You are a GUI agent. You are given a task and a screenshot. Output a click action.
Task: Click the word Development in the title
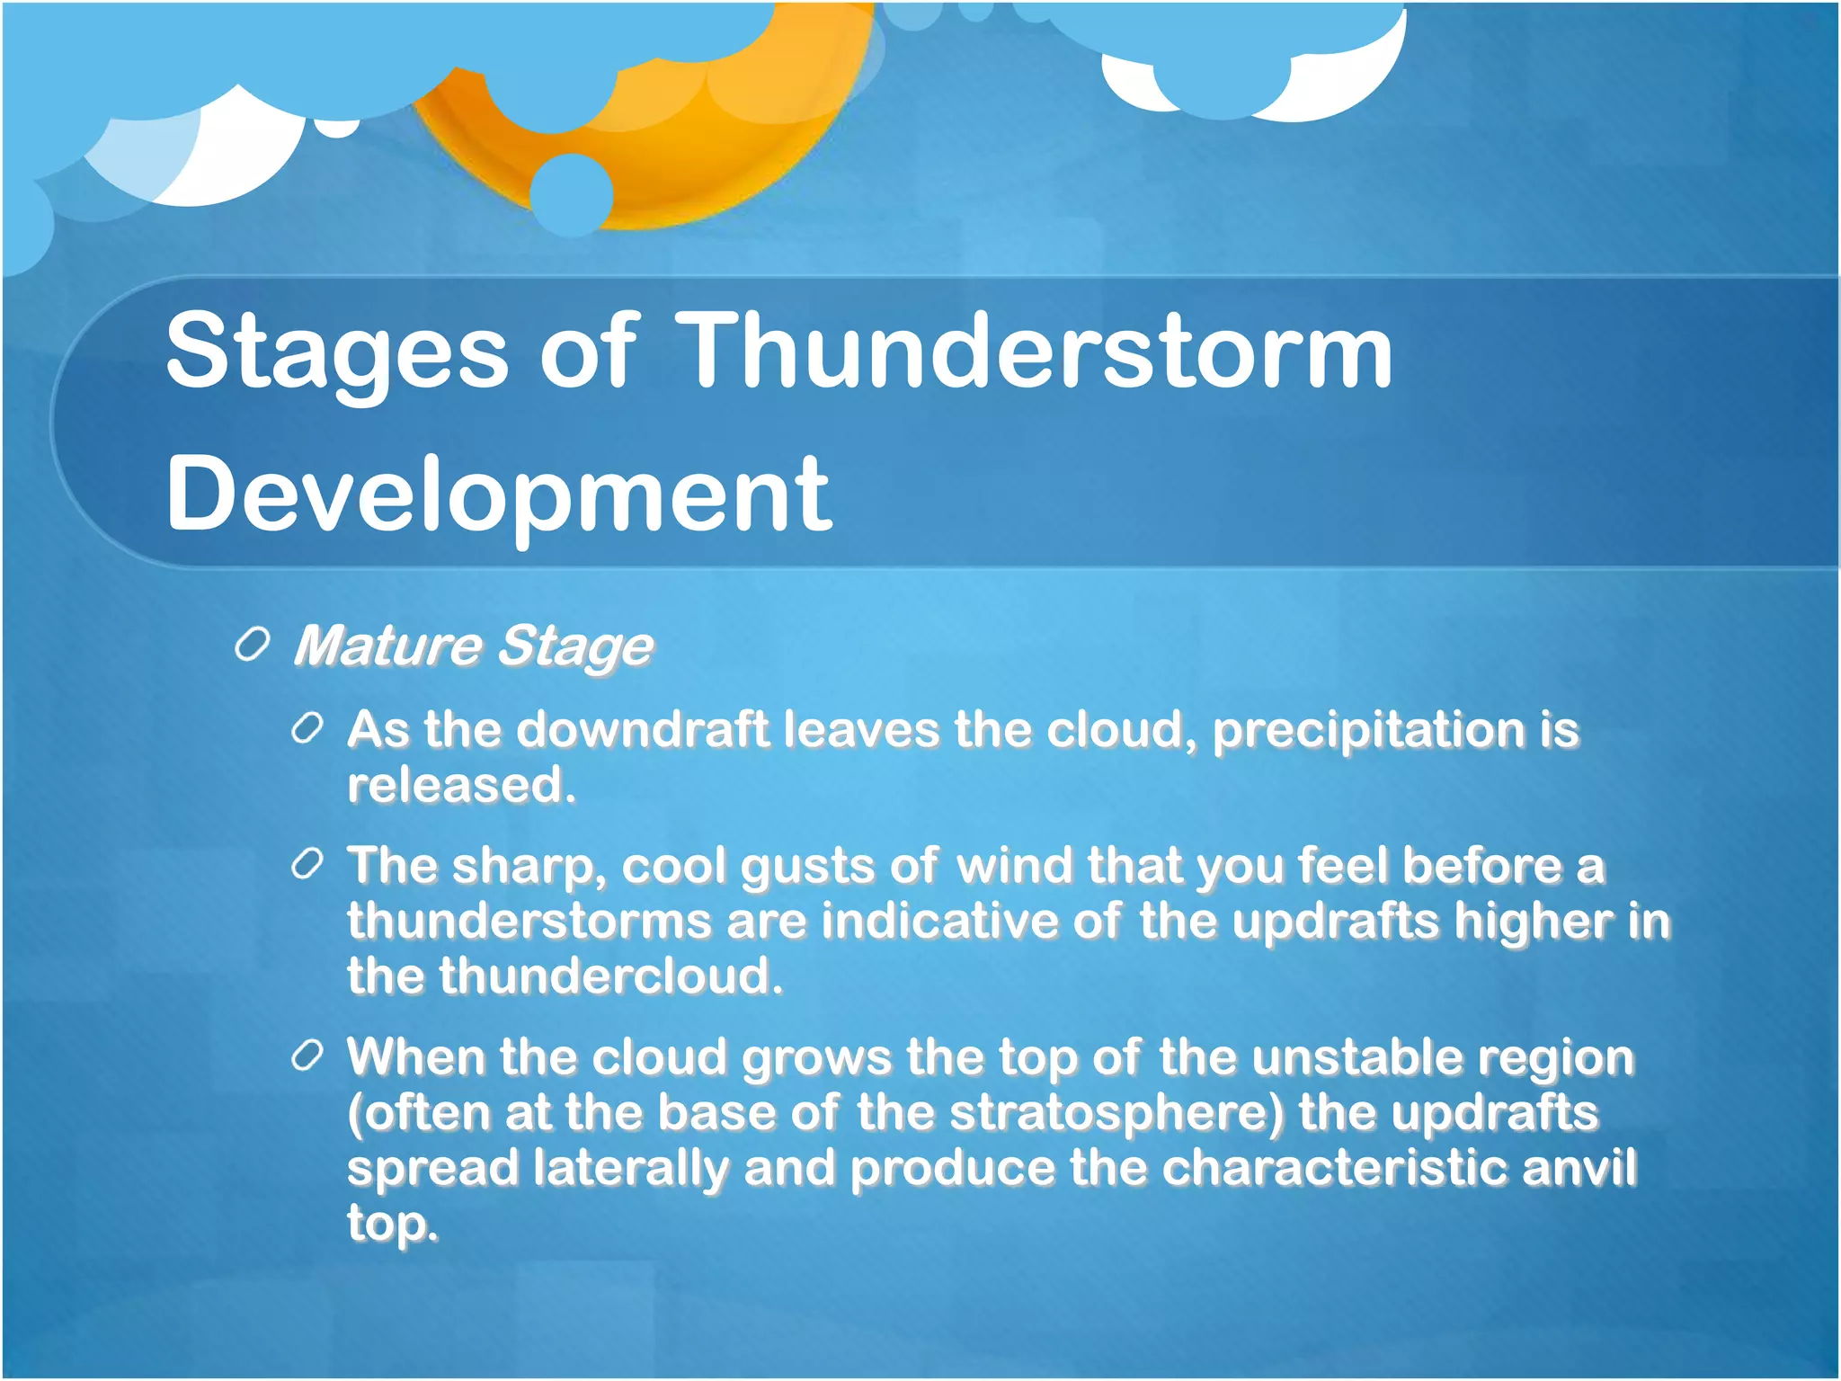[499, 494]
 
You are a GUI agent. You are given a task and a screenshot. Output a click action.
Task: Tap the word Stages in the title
[337, 352]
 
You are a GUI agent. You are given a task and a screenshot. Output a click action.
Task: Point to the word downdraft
[643, 729]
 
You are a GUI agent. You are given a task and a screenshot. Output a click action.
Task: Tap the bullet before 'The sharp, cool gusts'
[307, 865]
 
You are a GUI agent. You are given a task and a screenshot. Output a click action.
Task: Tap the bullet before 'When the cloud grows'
[307, 1056]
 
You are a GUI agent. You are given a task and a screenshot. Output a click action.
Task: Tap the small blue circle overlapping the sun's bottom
[572, 194]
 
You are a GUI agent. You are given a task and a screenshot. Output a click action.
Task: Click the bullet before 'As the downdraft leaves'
[307, 729]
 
